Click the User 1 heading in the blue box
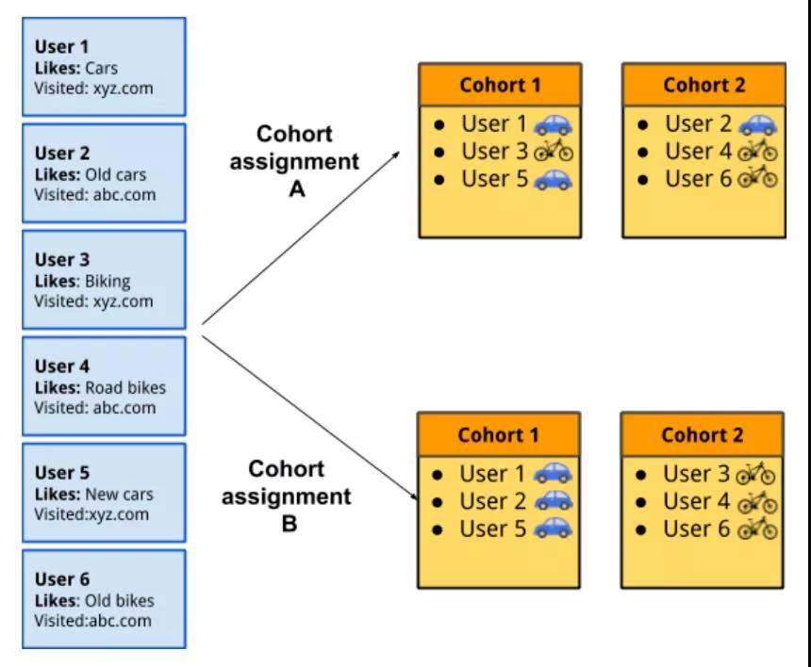61,46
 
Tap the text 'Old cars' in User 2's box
115,174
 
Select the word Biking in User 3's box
108,282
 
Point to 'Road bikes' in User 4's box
125,387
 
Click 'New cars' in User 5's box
119,495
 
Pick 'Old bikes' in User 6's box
119,601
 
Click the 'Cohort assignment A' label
294,161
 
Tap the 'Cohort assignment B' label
287,496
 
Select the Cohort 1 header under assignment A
500,85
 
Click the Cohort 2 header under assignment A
703,85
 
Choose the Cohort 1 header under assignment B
499,434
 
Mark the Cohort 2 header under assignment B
703,434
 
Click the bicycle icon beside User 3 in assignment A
554,151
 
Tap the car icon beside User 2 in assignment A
757,124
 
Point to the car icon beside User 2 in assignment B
553,500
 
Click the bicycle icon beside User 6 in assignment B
756,529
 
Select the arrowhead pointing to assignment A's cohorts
397,155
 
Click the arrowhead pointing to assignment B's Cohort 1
414,496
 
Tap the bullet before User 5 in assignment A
439,180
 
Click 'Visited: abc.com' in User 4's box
94,408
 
